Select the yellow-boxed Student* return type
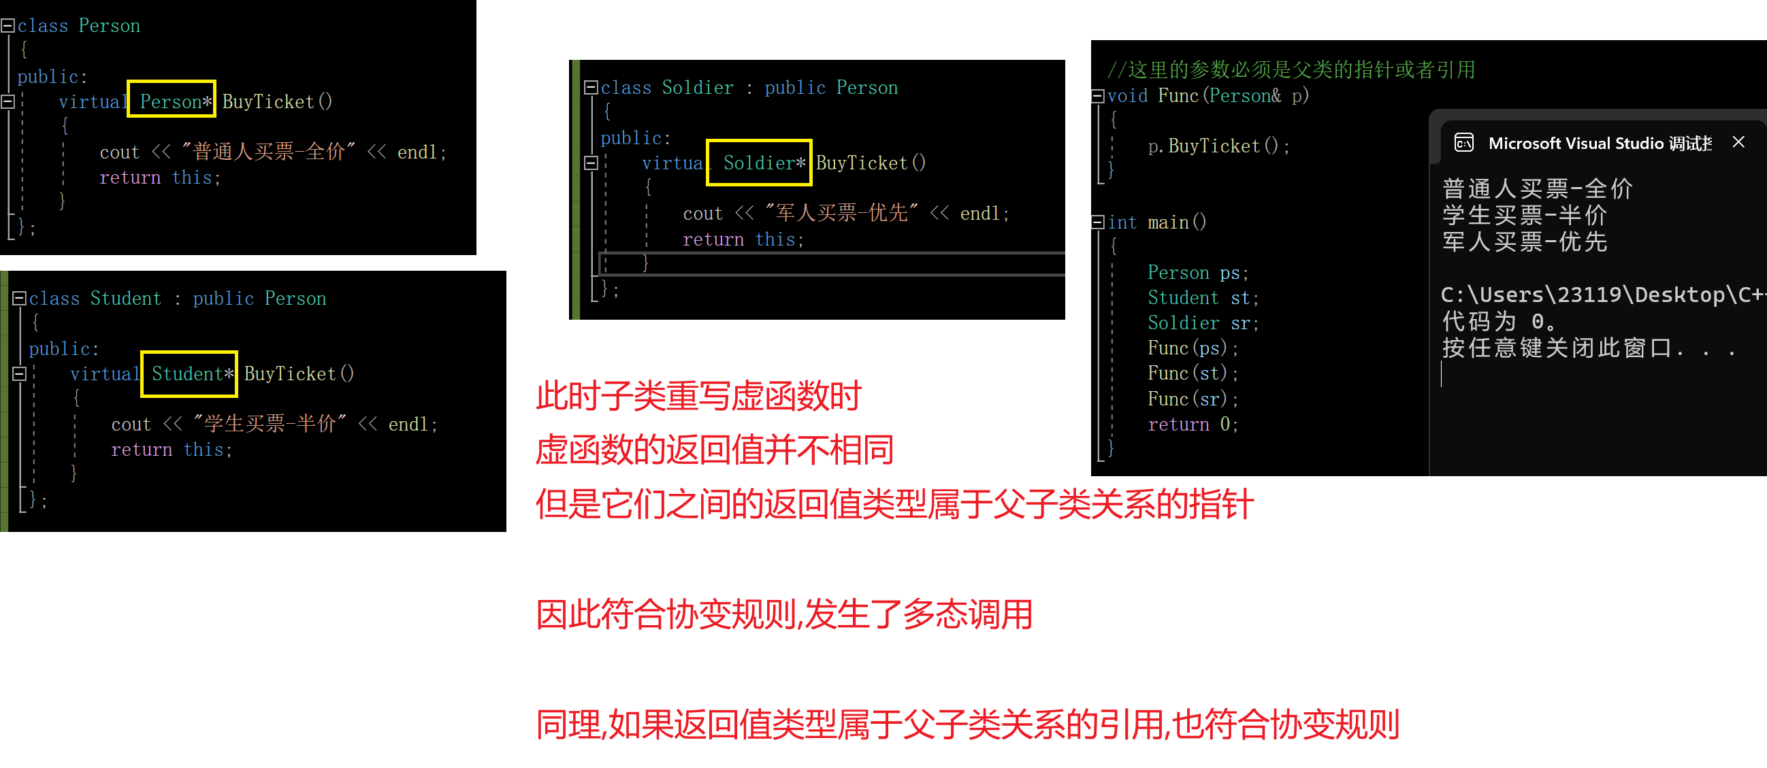coord(189,373)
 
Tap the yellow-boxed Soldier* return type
coord(760,163)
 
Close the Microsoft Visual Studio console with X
coord(1738,142)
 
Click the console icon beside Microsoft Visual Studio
coord(1464,143)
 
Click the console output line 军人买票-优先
coord(1524,242)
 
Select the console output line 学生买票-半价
coord(1524,216)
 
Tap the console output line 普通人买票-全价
coord(1536,188)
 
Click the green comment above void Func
coord(1290,69)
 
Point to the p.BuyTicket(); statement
coord(1218,146)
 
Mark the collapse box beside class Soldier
coord(590,87)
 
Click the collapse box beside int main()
coord(1097,222)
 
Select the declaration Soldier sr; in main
coord(1203,323)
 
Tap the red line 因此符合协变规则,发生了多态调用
coord(783,614)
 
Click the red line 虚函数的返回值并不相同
coord(714,450)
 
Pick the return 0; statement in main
coord(1192,424)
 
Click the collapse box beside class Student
coord(19,298)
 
